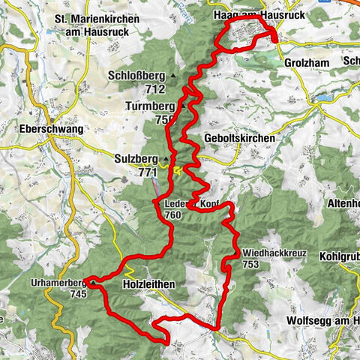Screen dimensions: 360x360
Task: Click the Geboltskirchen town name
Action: click(x=238, y=139)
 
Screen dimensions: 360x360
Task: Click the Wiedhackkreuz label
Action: click(x=274, y=253)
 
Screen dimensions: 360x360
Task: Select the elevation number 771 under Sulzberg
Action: click(x=147, y=172)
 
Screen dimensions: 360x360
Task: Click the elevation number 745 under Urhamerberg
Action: click(x=76, y=294)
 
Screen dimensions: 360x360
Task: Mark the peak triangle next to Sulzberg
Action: click(x=166, y=160)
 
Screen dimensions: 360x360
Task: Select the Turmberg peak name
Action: click(x=149, y=106)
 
